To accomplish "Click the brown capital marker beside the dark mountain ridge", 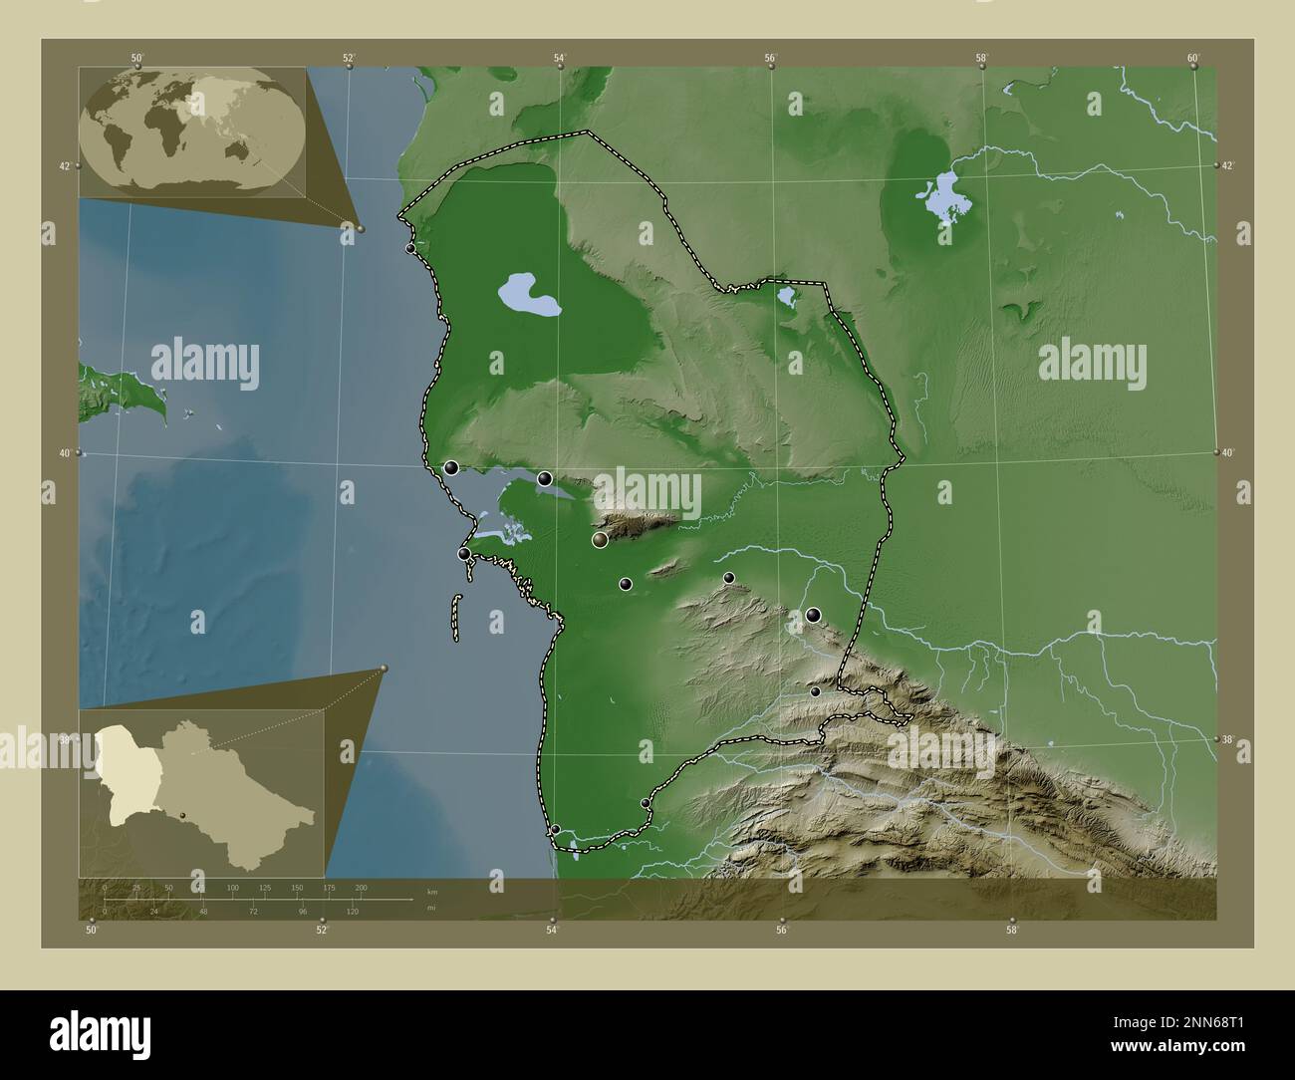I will click(x=600, y=540).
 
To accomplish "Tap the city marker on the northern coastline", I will click(x=410, y=248).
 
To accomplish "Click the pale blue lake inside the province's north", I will click(x=528, y=295).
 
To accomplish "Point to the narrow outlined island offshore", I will click(x=455, y=618).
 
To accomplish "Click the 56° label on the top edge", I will click(x=771, y=58).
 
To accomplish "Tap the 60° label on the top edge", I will click(x=1193, y=58).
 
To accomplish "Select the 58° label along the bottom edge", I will click(x=1012, y=931).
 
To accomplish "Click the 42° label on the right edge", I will click(x=1229, y=165).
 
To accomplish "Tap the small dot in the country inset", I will click(x=183, y=815).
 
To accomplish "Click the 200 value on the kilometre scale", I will click(x=361, y=887).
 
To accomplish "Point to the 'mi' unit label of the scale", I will click(x=431, y=908).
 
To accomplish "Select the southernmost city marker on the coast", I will click(x=556, y=829).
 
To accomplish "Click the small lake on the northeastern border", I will click(x=786, y=295).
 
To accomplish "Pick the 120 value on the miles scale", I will click(x=352, y=912).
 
